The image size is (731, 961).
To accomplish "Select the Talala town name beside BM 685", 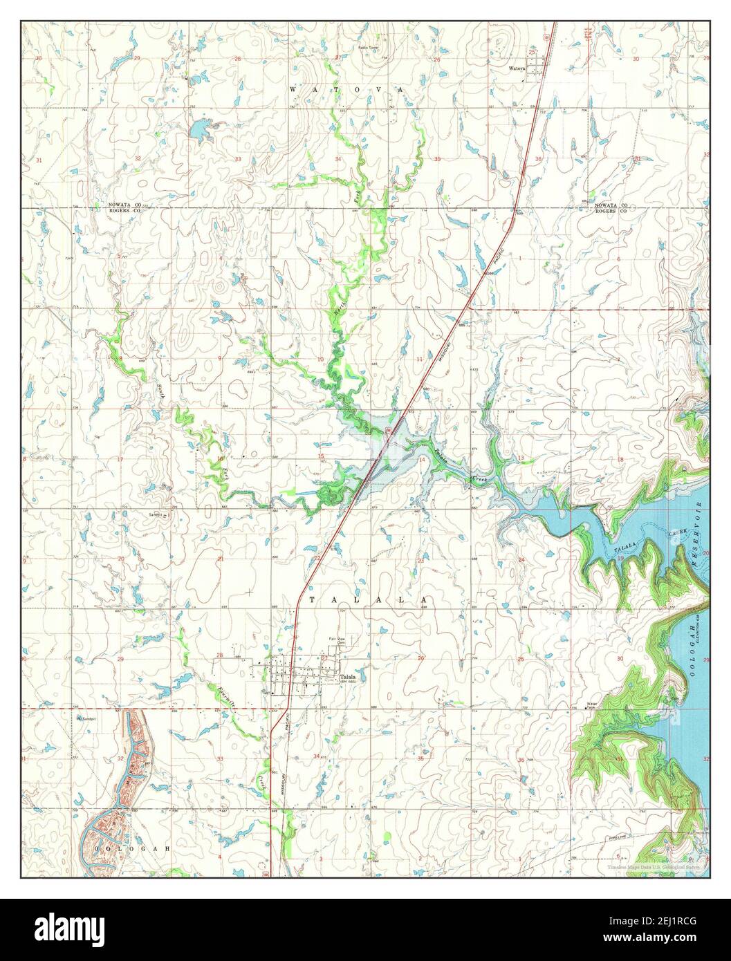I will coord(348,677).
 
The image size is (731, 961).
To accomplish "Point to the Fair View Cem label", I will coord(337,640).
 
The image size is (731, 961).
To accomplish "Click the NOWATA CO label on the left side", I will coord(124,205).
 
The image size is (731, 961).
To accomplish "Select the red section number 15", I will coord(320,456).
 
